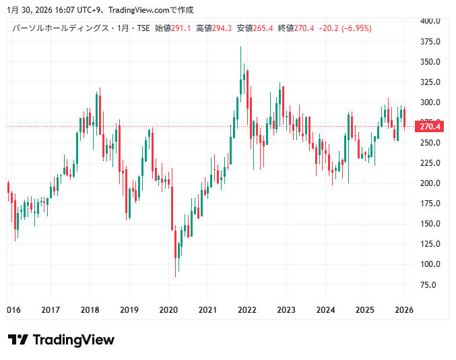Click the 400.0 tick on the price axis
point(430,21)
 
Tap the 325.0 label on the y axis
point(430,82)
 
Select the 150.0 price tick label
point(430,224)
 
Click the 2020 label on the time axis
point(168,310)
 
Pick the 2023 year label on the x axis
point(286,310)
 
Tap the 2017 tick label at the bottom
point(51,310)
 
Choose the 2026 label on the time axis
point(404,310)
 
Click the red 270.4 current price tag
point(429,127)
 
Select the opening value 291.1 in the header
point(181,28)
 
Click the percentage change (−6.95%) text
point(356,28)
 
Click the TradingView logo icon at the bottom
point(18,340)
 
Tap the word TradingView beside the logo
point(73,340)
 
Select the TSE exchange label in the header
point(143,28)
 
